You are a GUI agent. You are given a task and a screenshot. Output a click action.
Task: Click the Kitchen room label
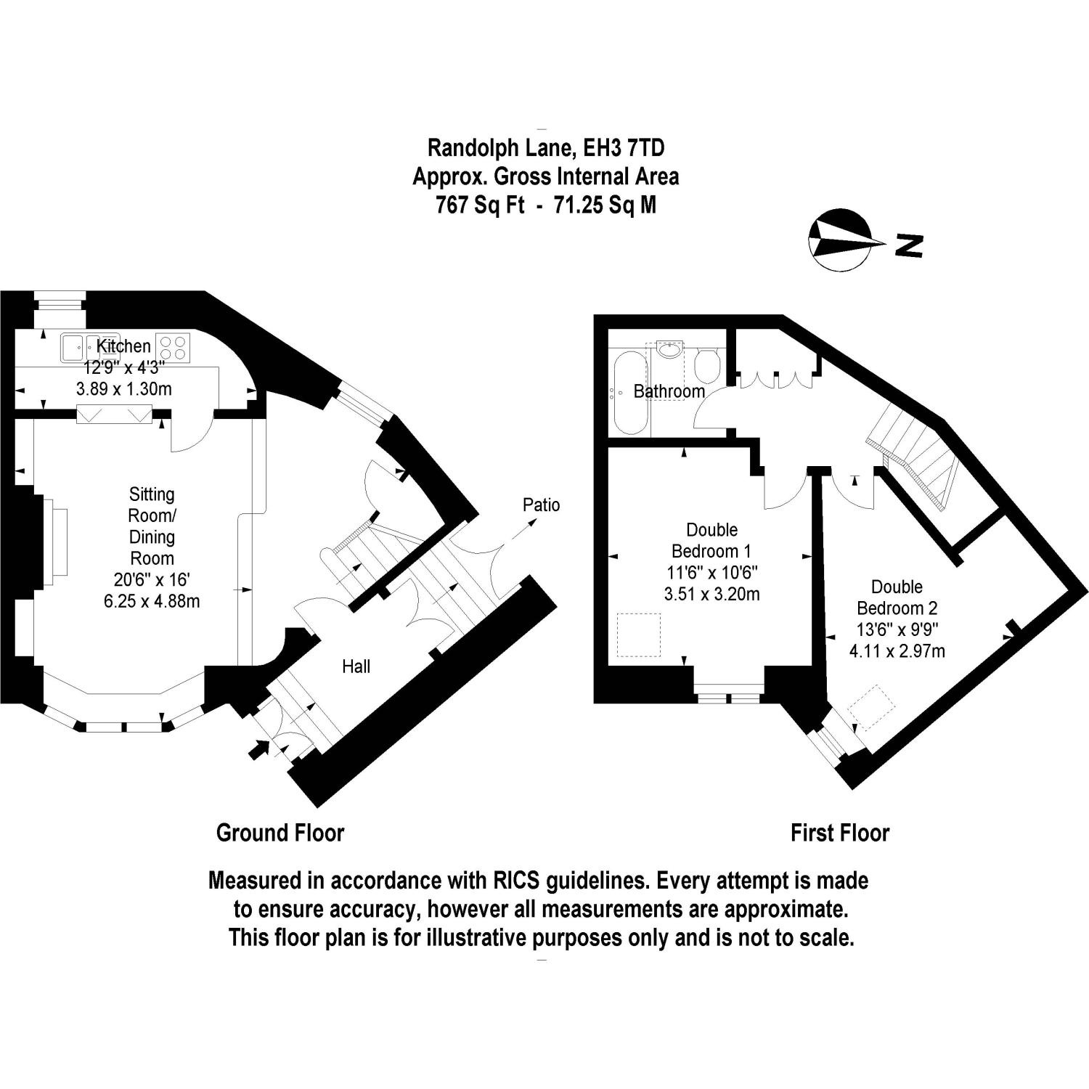click(x=124, y=346)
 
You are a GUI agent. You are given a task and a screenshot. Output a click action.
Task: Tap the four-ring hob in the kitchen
click(x=174, y=347)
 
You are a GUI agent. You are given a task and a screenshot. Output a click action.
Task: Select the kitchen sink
click(x=81, y=346)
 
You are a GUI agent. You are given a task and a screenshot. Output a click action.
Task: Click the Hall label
click(x=356, y=666)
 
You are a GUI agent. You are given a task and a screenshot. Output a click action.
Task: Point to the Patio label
click(x=542, y=505)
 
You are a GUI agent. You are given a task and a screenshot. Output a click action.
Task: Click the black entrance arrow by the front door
click(x=258, y=749)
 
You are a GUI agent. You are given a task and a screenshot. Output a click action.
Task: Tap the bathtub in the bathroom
click(x=629, y=393)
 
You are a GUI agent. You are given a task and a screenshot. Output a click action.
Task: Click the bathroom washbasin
click(x=669, y=351)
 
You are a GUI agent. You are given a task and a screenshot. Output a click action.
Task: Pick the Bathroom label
click(x=669, y=391)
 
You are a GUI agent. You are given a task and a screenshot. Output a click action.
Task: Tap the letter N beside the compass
click(x=908, y=245)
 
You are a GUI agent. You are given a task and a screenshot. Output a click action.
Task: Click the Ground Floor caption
click(x=280, y=833)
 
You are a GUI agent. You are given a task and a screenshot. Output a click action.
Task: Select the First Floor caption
click(x=840, y=833)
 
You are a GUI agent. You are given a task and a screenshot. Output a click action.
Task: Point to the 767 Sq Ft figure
click(x=480, y=205)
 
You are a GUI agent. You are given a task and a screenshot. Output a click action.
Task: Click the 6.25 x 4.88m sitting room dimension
click(x=152, y=601)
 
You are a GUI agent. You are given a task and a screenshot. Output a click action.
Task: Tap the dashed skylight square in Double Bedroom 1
click(x=639, y=635)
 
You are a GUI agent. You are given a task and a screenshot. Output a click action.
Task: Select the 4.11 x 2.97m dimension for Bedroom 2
click(x=897, y=651)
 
